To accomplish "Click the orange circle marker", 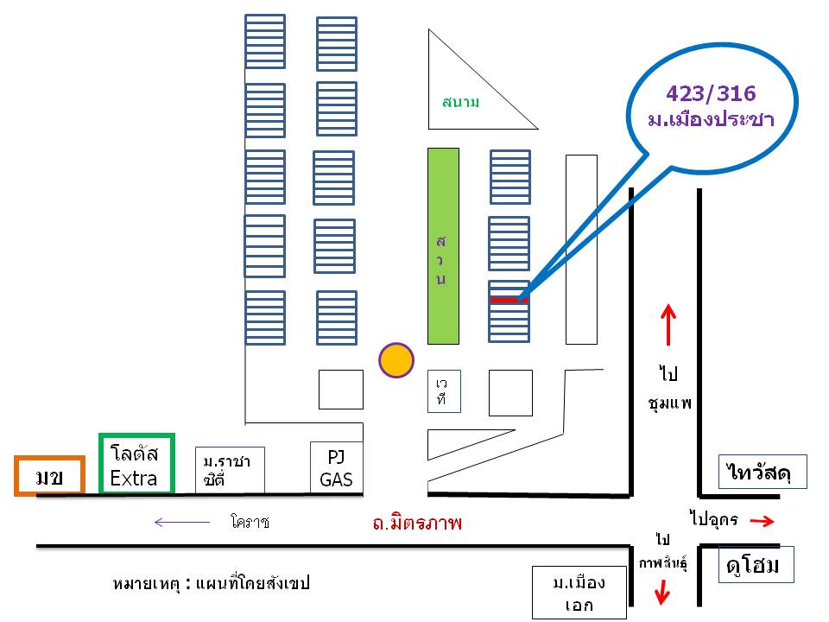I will coord(397,359).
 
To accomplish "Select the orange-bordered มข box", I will coord(49,476).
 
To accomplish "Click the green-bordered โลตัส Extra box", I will coord(136,464).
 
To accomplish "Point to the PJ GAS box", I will coord(337,467).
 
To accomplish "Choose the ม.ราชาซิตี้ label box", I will coord(229,470).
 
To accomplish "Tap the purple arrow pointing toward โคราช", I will coord(182,522).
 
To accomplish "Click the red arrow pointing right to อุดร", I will coord(762,521).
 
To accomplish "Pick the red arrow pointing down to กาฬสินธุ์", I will coord(662,593).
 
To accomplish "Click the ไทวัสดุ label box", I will coord(763,472).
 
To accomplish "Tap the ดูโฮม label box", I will coord(755,565).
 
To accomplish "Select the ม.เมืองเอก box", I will coord(579,593).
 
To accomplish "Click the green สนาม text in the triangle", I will coord(460,102).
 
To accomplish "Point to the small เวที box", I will coord(443,390).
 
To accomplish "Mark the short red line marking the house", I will coord(508,300).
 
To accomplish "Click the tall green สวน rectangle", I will coord(443,245).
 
